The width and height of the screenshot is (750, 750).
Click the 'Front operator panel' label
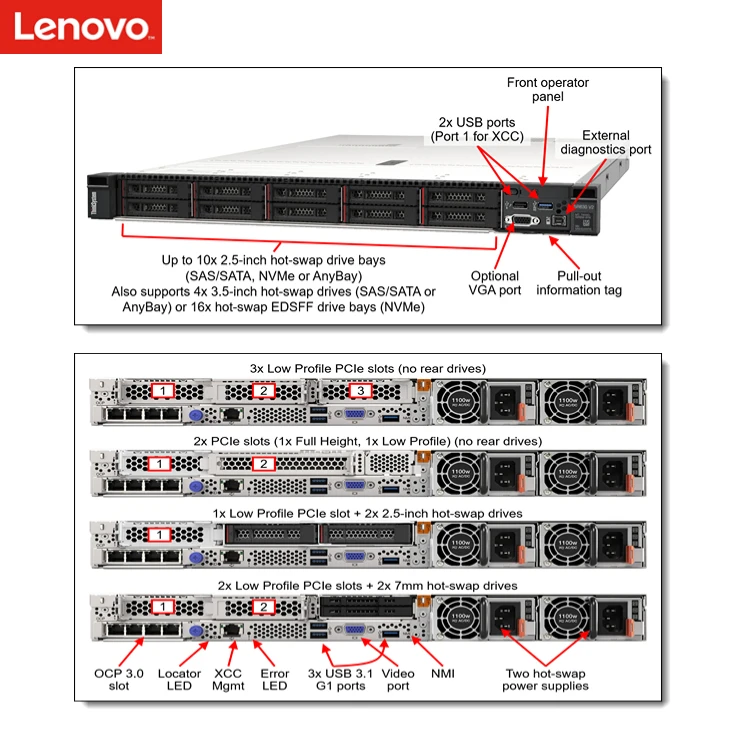coord(547,90)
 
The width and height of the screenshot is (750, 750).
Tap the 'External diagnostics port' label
coord(605,143)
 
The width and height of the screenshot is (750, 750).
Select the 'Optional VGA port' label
coord(495,283)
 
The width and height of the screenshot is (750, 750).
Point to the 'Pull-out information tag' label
coord(579,283)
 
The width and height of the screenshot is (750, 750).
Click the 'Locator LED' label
coord(180,680)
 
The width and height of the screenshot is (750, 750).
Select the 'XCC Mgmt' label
coord(229,680)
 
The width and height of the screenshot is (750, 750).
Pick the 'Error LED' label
coord(274,680)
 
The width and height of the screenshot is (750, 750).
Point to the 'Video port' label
coord(398,680)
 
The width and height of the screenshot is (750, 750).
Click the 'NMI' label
coord(441,674)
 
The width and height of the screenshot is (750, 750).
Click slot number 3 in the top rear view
coord(362,391)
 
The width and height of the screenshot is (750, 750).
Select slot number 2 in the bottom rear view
coord(262,607)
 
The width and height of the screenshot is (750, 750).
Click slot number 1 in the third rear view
coord(158,535)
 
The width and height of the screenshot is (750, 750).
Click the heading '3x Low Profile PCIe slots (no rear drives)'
coord(368,368)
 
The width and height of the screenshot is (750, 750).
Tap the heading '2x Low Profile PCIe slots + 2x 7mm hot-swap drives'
coord(368,584)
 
